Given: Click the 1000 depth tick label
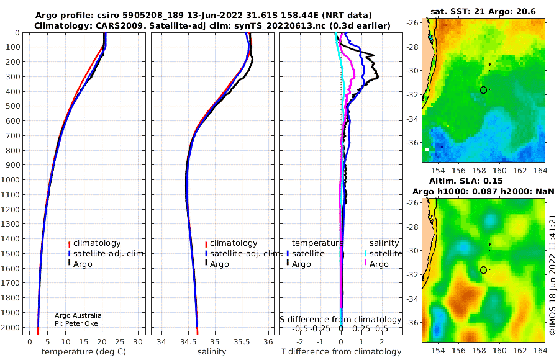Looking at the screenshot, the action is (x=10, y=179).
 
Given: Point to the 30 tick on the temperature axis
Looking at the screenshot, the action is (x=138, y=342).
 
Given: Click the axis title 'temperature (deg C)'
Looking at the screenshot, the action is (x=84, y=352).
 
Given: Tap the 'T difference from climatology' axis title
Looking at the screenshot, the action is (x=341, y=352).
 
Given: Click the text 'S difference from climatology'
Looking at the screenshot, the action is (x=340, y=320).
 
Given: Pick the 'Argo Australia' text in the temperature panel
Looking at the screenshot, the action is (x=78, y=315).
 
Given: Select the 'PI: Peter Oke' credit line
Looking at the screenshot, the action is (x=76, y=323).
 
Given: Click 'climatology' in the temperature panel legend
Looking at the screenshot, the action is (x=97, y=243).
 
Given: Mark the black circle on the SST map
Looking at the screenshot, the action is (x=483, y=90).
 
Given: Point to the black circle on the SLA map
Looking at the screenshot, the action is (x=483, y=270).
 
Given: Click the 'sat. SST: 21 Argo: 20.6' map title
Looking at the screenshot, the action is (x=483, y=12).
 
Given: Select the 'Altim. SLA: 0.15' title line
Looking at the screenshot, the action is (x=466, y=181).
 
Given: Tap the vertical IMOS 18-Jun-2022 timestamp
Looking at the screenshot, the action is (x=553, y=274).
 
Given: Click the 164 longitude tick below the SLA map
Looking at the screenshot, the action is (x=540, y=351).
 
